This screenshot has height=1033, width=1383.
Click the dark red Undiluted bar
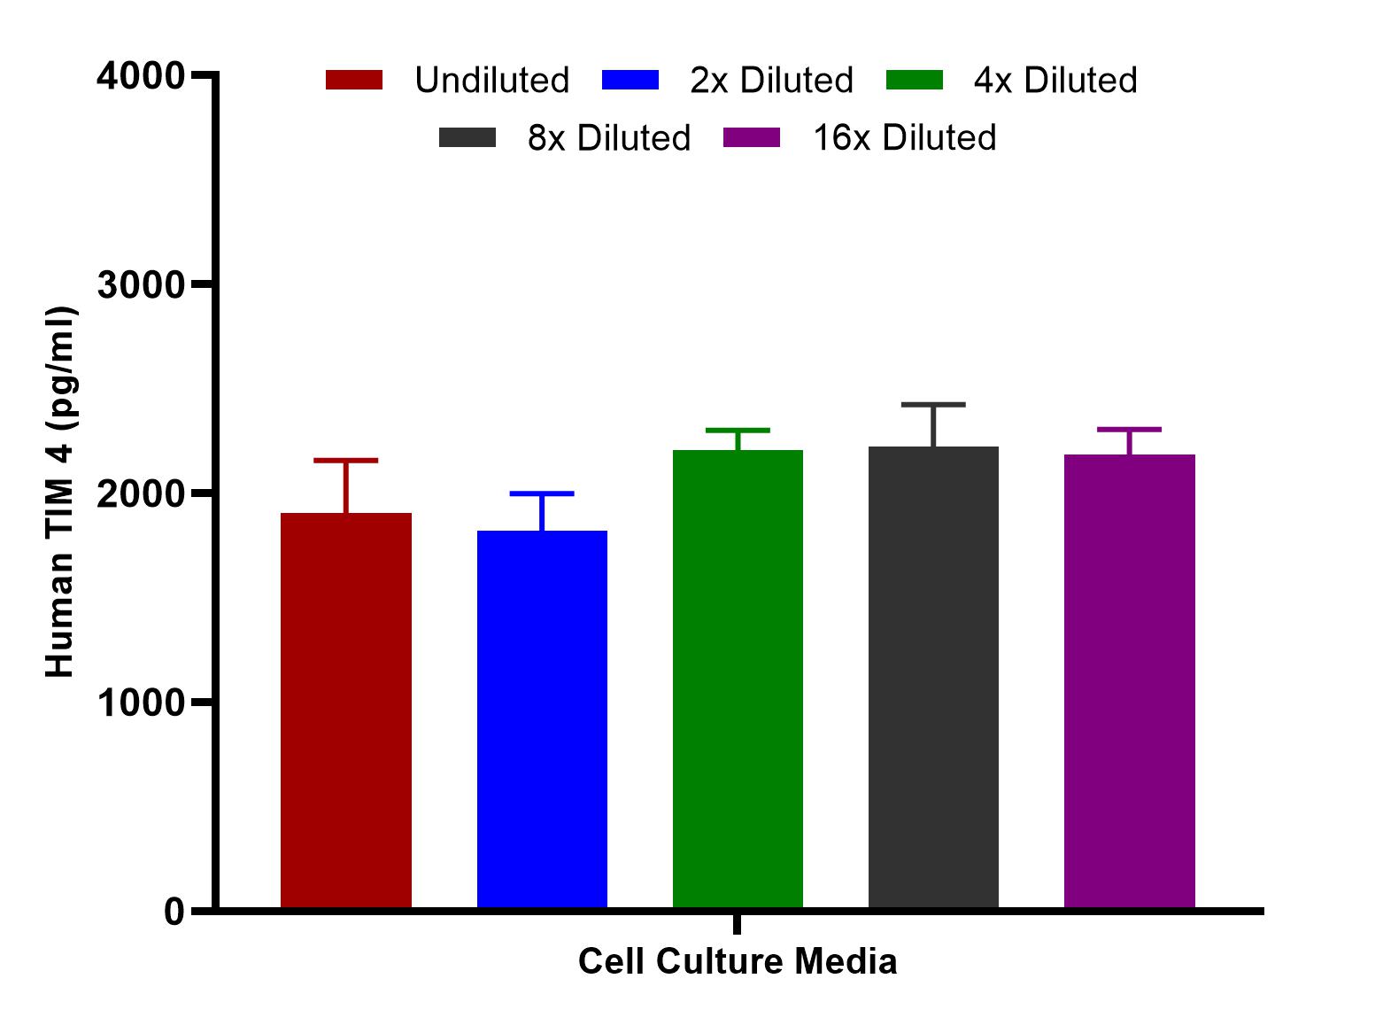[345, 709]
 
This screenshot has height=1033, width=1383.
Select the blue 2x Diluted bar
[542, 718]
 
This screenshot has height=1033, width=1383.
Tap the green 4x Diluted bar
[738, 678]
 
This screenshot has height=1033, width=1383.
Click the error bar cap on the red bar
[345, 461]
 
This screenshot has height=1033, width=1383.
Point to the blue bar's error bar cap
[542, 493]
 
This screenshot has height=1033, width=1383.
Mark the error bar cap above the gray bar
[933, 405]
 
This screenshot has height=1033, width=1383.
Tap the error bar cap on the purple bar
[1129, 430]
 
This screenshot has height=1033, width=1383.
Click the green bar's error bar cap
[738, 431]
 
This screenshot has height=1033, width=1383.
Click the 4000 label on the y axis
[141, 76]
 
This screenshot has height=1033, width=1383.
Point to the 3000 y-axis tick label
[141, 285]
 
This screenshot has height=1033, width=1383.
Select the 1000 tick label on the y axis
[141, 703]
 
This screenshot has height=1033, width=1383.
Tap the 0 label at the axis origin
[174, 912]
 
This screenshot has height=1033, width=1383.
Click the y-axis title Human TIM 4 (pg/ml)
[60, 493]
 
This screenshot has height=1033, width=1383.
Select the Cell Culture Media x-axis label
[738, 962]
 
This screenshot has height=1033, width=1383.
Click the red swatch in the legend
[354, 81]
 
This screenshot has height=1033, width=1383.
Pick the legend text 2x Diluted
[771, 81]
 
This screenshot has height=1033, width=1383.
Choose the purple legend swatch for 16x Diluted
[752, 138]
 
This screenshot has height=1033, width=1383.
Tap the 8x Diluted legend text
[609, 138]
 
